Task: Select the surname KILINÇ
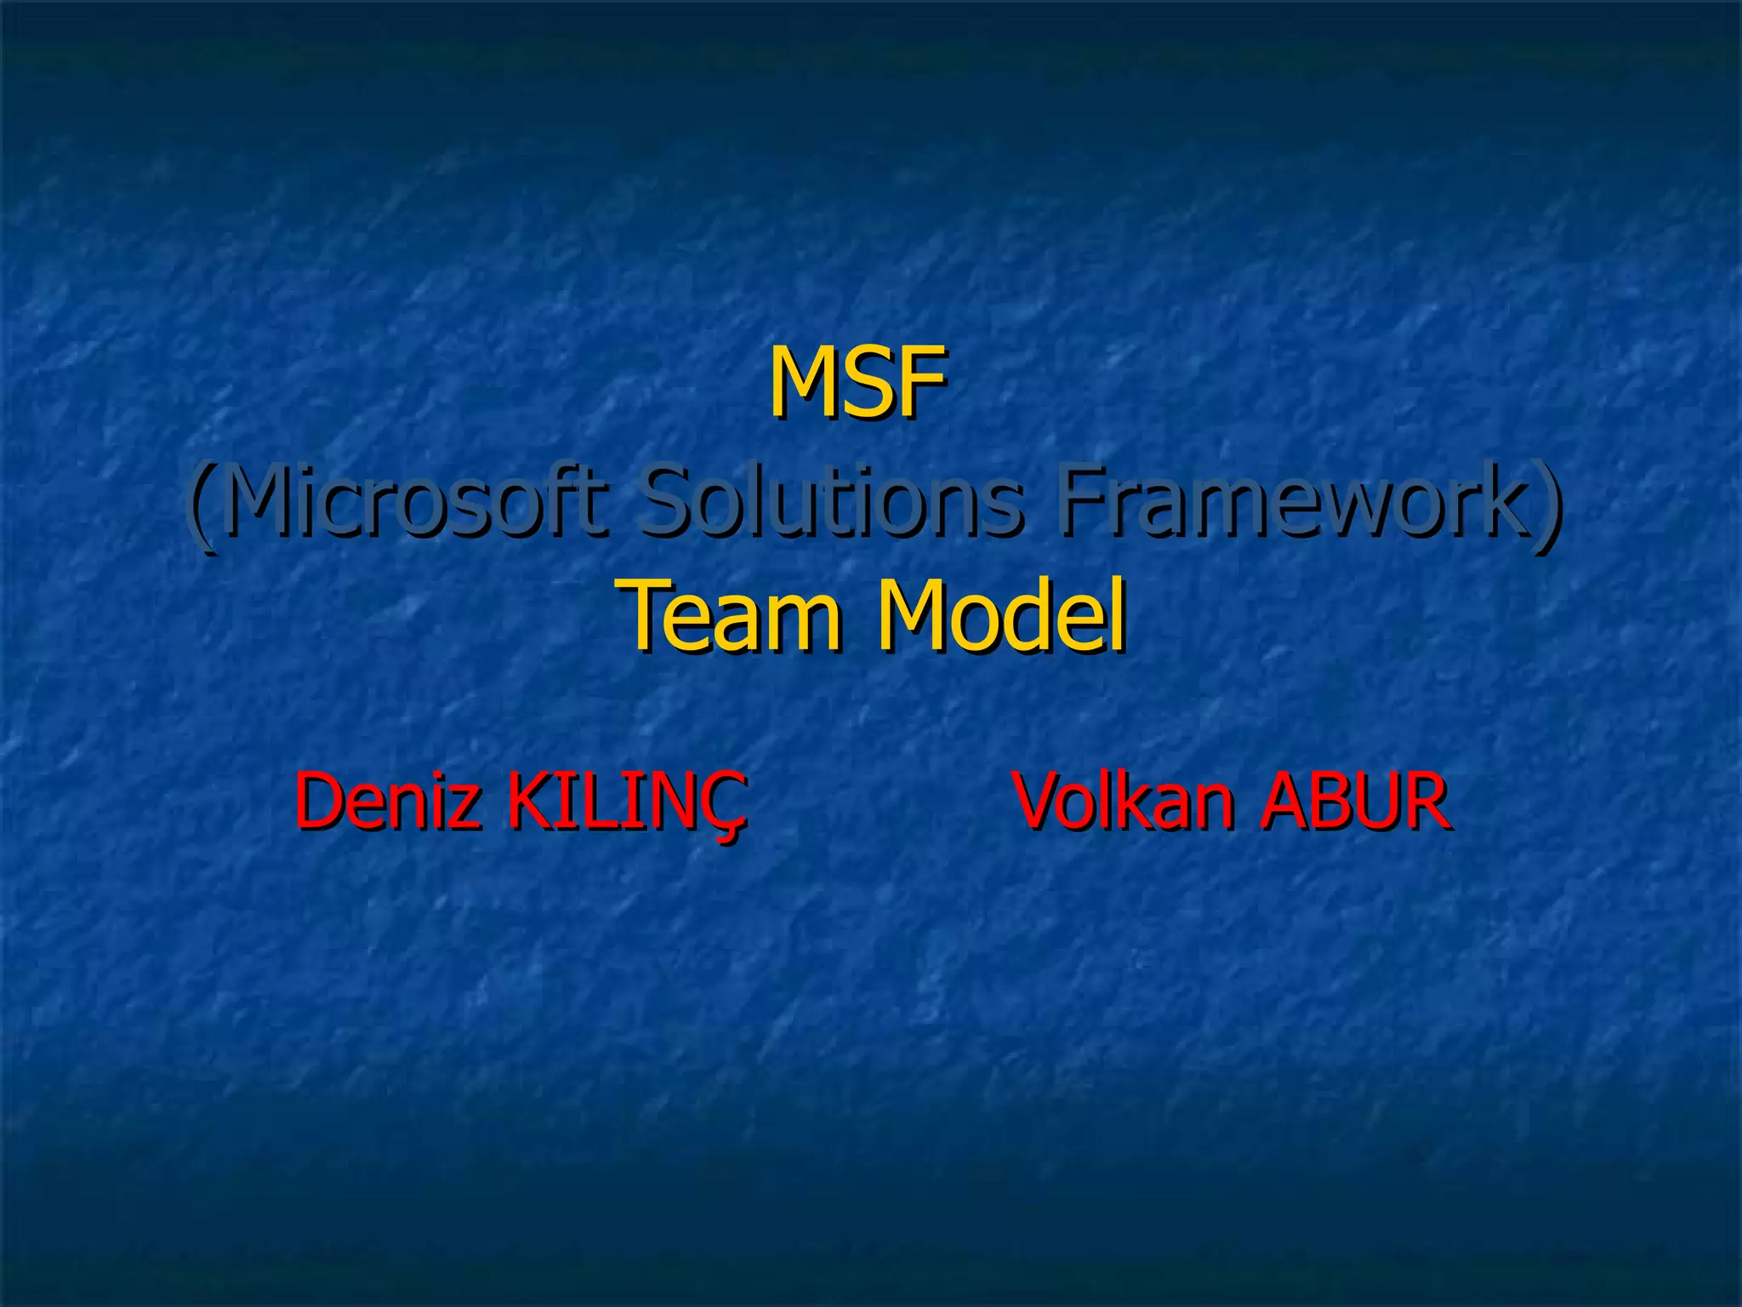[628, 802]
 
